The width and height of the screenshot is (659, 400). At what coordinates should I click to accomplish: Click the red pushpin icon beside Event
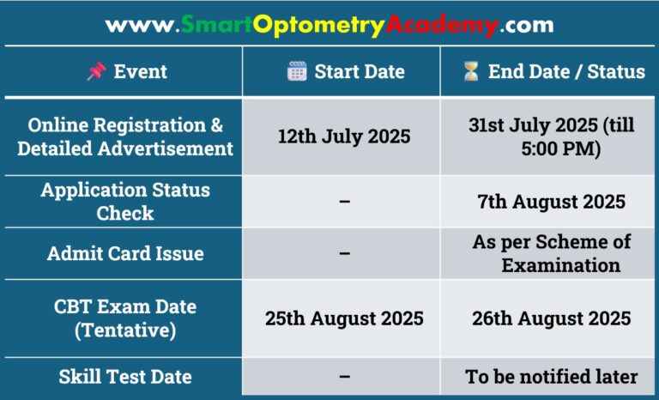click(96, 71)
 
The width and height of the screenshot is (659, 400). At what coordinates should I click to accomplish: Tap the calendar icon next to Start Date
click(297, 71)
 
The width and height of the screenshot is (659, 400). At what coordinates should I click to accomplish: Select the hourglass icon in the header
click(470, 71)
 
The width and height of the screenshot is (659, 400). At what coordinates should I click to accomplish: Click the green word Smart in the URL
click(216, 25)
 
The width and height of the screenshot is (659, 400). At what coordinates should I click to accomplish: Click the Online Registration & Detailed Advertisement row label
click(125, 136)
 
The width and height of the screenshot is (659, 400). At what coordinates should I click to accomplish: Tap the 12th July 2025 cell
click(343, 136)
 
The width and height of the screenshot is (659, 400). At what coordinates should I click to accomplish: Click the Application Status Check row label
click(125, 201)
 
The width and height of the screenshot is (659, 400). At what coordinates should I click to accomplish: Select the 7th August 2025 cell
click(551, 202)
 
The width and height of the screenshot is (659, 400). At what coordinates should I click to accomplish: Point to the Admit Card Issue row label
click(125, 253)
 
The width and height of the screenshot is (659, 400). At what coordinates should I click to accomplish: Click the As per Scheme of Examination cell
click(551, 253)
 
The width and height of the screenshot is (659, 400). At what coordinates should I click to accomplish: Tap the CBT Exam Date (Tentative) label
click(125, 318)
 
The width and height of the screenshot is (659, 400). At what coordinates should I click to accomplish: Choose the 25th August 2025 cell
click(343, 318)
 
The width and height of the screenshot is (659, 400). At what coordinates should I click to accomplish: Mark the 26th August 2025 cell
click(551, 318)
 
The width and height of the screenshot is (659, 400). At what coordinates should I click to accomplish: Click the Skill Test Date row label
click(125, 377)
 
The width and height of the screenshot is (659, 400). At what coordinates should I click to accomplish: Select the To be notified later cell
click(551, 377)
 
